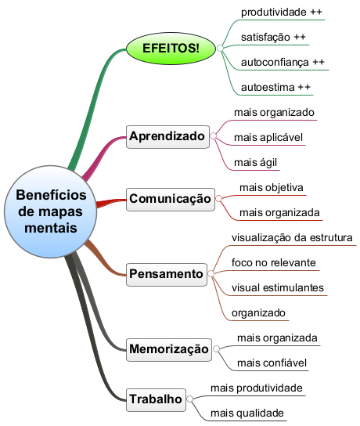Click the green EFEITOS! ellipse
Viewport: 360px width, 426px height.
pyautogui.click(x=171, y=49)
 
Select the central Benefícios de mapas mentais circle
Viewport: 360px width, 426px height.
pyautogui.click(x=51, y=211)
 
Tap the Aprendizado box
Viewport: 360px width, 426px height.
pyautogui.click(x=167, y=137)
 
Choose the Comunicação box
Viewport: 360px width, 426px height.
pyautogui.click(x=171, y=199)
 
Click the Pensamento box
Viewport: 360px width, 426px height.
pyautogui.click(x=167, y=274)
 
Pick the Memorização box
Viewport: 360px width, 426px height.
pyautogui.click(x=169, y=349)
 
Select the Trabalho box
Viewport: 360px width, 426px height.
pyautogui.click(x=156, y=399)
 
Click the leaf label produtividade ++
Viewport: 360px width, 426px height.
pyautogui.click(x=282, y=13)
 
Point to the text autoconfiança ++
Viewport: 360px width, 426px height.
pyautogui.click(x=283, y=63)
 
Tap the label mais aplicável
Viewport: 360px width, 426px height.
pyautogui.click(x=268, y=138)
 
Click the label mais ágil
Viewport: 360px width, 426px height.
pyautogui.click(x=255, y=163)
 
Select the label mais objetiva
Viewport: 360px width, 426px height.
pyautogui.click(x=272, y=188)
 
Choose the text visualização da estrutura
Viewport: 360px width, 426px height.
pyautogui.click(x=292, y=238)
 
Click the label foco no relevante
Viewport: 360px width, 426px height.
pyautogui.click(x=274, y=262)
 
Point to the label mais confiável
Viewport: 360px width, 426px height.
pyautogui.click(x=272, y=363)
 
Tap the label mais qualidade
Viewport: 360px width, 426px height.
pyautogui.click(x=247, y=413)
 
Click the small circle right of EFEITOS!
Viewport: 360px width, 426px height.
pyautogui.click(x=220, y=49)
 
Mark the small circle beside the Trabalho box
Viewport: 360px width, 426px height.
pyautogui.click(x=190, y=399)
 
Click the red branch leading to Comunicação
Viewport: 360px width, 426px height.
pyautogui.click(x=111, y=203)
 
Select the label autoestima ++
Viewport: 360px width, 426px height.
pyautogui.click(x=275, y=88)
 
